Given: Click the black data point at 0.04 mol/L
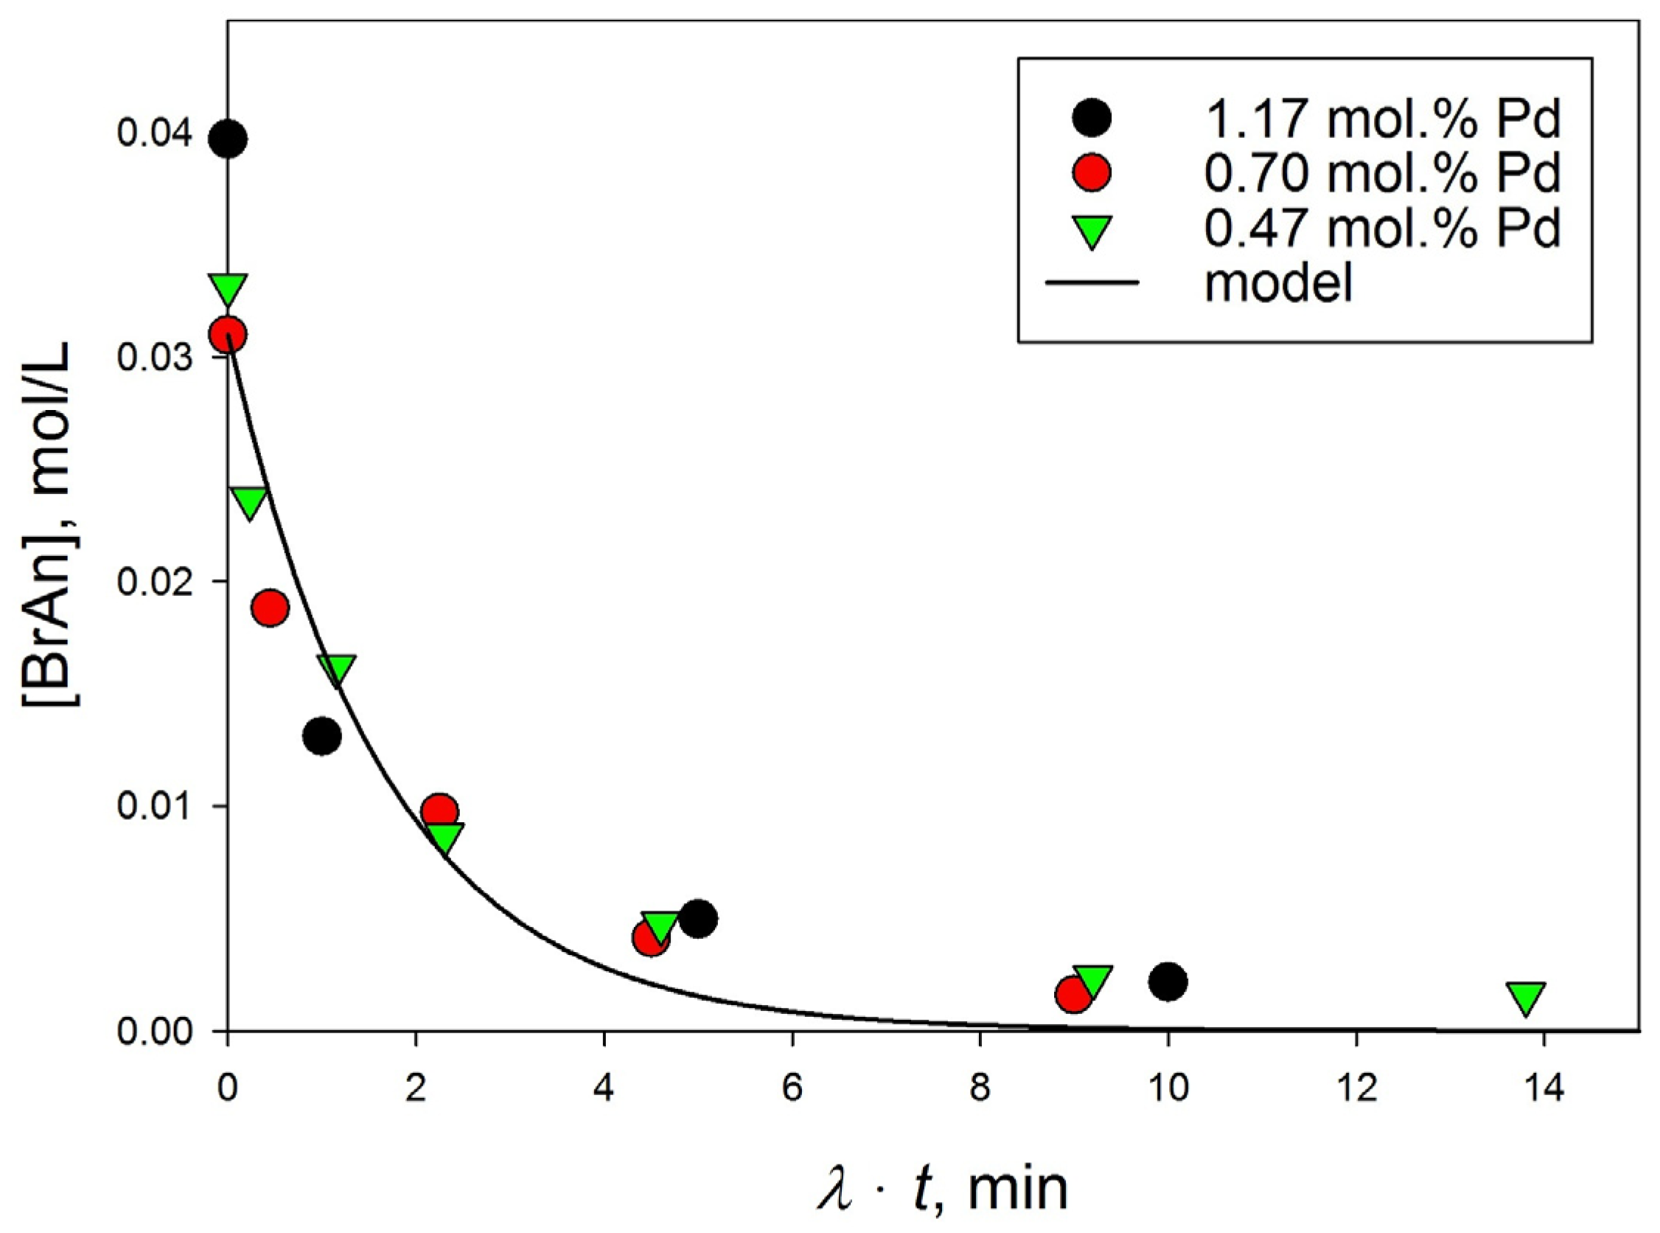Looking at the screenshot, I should point(229,139).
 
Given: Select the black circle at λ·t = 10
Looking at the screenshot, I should point(1168,982).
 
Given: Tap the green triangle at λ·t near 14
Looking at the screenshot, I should point(1526,997).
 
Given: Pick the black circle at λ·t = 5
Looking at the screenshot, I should point(698,919).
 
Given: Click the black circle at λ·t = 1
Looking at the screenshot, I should point(322,737).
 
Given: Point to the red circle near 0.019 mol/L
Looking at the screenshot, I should point(270,608).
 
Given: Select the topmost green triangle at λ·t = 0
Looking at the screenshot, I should point(229,289).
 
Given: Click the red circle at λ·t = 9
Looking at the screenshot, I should point(1073,995).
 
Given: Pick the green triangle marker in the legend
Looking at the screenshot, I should point(1092,232).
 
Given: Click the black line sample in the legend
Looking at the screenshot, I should point(1092,283).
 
